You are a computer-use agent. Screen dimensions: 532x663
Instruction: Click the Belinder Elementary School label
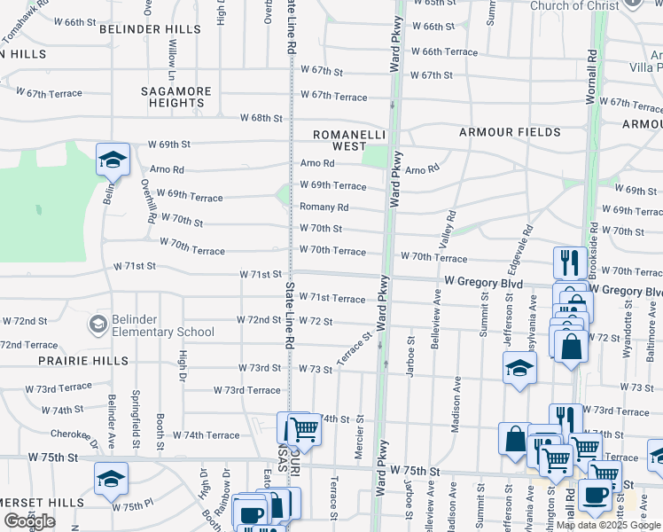pos(163,325)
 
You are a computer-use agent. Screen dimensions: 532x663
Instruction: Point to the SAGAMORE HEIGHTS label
pos(177,97)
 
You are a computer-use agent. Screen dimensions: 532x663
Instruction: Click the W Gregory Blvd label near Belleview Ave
pos(483,283)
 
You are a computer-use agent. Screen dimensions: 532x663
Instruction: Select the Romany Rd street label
pos(324,207)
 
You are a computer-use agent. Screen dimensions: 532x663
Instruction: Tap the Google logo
pos(29,520)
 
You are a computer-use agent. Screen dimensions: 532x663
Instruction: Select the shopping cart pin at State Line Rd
pos(304,430)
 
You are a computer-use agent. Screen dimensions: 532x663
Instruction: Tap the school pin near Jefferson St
pos(519,369)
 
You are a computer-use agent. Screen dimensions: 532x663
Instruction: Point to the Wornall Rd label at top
pos(592,80)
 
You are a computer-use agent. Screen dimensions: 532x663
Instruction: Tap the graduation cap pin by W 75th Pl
pos(112,479)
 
